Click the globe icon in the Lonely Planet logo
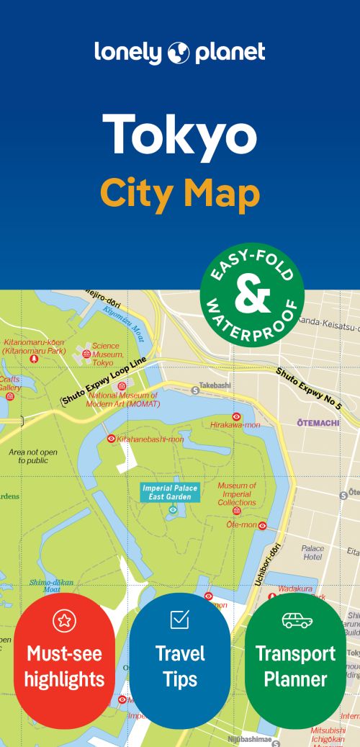click(179, 53)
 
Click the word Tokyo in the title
click(179, 136)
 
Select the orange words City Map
click(179, 192)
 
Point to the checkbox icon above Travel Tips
click(179, 619)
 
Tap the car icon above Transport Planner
click(296, 620)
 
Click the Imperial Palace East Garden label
click(171, 492)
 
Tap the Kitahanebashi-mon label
click(150, 438)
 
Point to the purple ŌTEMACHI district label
click(318, 423)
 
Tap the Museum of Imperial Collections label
click(237, 493)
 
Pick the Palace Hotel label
click(312, 553)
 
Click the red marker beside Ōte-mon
click(263, 526)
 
